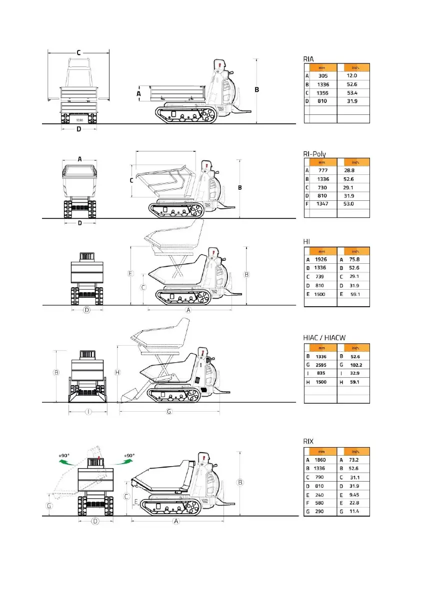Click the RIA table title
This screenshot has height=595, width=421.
(x=308, y=58)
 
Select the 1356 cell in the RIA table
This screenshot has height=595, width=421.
(x=323, y=93)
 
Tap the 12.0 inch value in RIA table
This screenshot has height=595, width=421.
(x=352, y=75)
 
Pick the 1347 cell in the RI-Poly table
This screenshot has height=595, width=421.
(x=323, y=204)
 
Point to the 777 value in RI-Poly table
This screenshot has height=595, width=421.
(x=323, y=170)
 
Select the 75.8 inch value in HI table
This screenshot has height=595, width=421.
(x=355, y=260)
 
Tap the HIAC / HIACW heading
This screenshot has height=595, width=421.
(x=324, y=338)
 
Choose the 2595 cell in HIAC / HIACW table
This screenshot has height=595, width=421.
(x=321, y=365)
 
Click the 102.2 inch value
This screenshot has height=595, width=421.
(x=355, y=365)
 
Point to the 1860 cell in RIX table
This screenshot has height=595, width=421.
(x=320, y=460)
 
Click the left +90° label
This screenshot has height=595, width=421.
(x=64, y=456)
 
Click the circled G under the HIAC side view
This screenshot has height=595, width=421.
(x=169, y=411)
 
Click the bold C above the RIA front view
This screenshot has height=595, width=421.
(x=79, y=52)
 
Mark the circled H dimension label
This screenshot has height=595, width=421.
(x=117, y=372)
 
